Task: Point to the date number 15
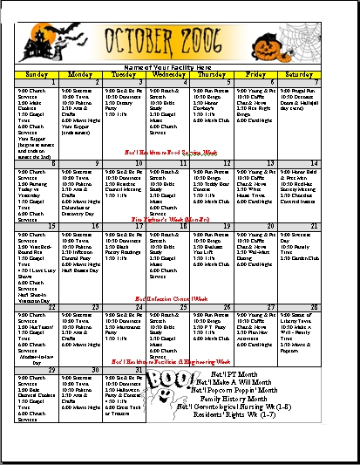[53, 226]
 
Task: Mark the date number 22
[53, 306]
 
